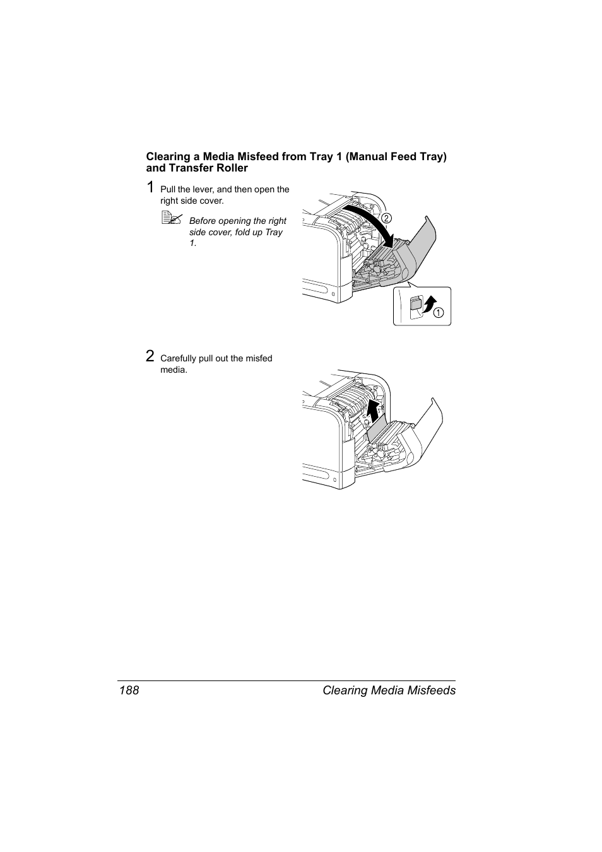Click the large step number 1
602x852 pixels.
150,187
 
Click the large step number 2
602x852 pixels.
150,356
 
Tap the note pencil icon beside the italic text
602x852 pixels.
171,219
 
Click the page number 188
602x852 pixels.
128,691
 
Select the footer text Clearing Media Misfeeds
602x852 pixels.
389,691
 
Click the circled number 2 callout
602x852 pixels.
386,218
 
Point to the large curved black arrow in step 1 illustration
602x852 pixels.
372,224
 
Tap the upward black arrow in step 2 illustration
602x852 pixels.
374,412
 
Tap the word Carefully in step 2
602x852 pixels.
178,358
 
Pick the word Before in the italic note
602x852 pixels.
202,221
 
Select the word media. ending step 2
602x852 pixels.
174,370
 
